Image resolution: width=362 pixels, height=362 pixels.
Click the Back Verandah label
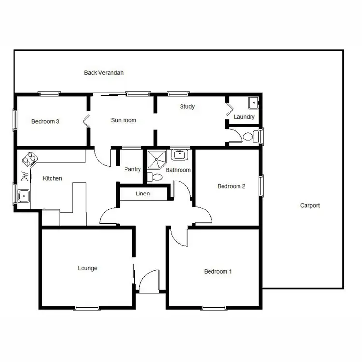click(104, 73)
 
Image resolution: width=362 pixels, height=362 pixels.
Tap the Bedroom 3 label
click(45, 121)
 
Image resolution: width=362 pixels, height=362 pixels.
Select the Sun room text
click(124, 120)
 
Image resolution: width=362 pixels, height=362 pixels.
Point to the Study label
click(187, 106)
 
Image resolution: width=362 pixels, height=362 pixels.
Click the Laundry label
click(244, 117)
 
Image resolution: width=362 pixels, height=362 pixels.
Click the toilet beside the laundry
click(248, 137)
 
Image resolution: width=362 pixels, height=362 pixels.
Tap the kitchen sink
click(23, 196)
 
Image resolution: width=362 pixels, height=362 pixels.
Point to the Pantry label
click(132, 169)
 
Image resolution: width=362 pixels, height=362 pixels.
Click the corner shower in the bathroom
click(156, 159)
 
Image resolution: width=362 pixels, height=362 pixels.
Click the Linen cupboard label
click(142, 194)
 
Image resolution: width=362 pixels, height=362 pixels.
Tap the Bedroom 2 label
click(232, 186)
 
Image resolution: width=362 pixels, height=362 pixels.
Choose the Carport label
click(310, 205)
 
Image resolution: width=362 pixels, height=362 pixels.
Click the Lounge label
click(87, 268)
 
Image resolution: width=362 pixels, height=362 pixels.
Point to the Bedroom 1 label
click(218, 271)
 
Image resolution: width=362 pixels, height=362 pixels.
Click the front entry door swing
click(150, 280)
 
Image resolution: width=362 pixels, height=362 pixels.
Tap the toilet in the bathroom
click(155, 178)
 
